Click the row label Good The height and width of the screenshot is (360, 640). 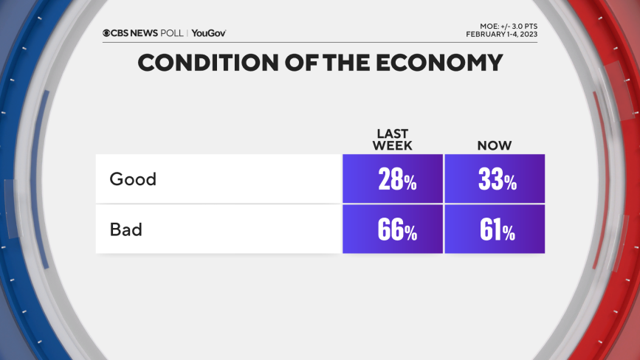point(133,179)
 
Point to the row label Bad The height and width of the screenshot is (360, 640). point(125,229)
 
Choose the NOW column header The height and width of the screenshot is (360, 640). point(494,145)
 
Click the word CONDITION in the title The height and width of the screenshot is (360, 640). point(203,63)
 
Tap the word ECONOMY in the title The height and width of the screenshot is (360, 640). point(435,63)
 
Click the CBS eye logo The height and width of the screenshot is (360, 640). point(107,32)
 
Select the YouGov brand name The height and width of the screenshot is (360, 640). point(209,32)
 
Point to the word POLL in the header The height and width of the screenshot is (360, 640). point(173,32)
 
